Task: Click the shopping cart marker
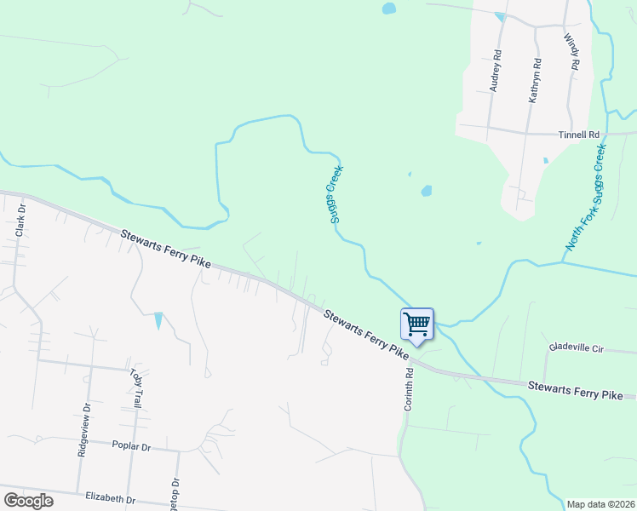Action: point(416,324)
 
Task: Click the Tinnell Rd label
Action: point(579,135)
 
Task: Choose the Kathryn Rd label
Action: point(535,80)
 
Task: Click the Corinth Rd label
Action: point(408,392)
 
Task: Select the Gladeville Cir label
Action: point(576,347)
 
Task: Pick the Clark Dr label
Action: point(20,220)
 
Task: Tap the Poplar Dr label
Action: point(131,446)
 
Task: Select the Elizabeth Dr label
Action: point(111,498)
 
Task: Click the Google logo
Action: point(28,501)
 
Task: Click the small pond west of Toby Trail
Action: point(158,321)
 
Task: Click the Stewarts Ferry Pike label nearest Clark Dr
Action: point(165,249)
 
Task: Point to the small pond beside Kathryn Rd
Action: point(545,160)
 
